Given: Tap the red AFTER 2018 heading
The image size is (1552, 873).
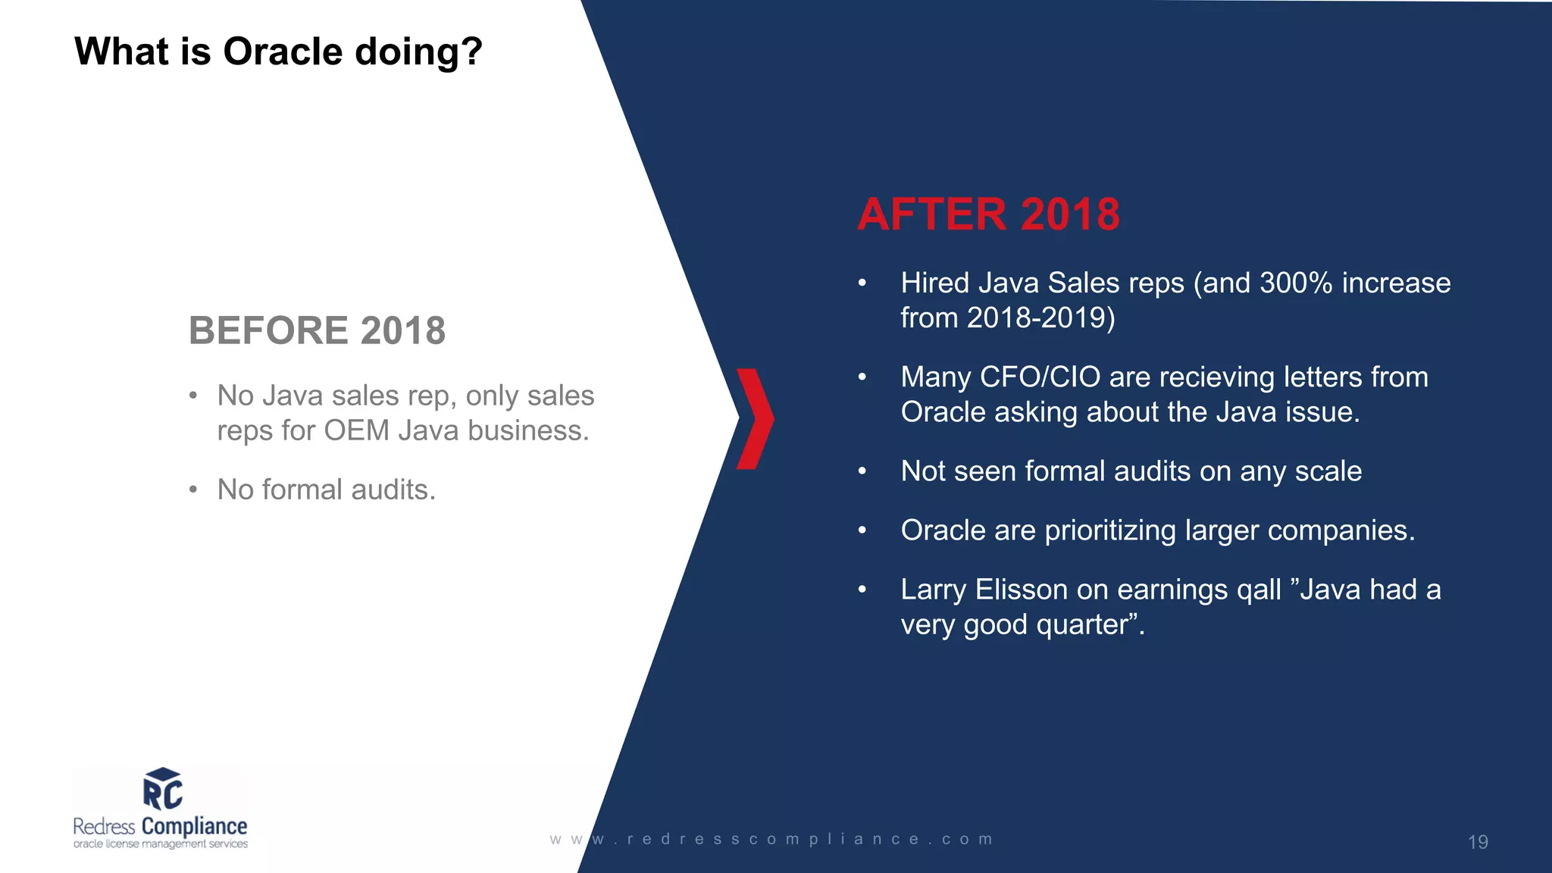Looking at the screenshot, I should pos(988,214).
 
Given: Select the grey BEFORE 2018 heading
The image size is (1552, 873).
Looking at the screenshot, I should pos(317,330).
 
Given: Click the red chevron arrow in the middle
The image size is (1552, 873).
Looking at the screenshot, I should pos(755,418).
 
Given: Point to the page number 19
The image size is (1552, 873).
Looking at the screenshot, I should pos(1477,842).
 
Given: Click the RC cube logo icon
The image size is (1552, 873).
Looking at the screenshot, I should pos(162,789).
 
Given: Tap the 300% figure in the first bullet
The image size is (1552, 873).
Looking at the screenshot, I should pos(1295,283).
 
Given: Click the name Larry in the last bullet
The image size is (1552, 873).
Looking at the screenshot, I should pos(933,590).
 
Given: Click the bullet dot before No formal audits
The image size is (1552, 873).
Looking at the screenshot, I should pos(193,490).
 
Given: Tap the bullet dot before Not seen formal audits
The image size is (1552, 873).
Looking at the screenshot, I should pos(862,471).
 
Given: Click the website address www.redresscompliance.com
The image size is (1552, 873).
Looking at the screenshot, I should pos(771,840).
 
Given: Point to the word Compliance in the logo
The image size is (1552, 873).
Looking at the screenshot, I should pos(194,826).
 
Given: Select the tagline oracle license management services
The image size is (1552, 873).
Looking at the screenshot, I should pos(160,844).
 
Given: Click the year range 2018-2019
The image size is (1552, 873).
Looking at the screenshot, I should pos(1040,318).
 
